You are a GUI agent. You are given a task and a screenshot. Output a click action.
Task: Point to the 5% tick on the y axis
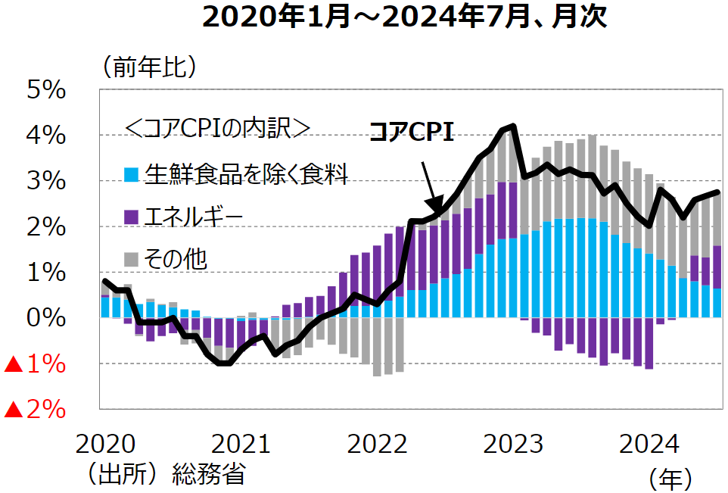coord(46,90)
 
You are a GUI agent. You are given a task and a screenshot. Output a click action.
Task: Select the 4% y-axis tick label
coord(46,136)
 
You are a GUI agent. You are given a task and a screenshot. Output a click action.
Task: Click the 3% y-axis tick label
coord(46,182)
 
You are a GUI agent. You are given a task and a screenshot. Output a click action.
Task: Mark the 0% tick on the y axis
coord(46,319)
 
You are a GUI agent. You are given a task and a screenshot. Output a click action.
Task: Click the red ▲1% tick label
coord(35,364)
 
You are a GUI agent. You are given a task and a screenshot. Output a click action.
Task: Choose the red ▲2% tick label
coord(35,410)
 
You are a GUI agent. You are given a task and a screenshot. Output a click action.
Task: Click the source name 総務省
coord(209,475)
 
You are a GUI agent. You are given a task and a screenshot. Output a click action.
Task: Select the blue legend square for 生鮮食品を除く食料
coord(132,175)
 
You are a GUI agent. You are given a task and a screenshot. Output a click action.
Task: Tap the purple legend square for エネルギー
coord(132,217)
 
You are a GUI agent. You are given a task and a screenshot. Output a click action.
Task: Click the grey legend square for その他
coord(132,260)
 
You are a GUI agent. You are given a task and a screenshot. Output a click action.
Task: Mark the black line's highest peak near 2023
coord(514,126)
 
